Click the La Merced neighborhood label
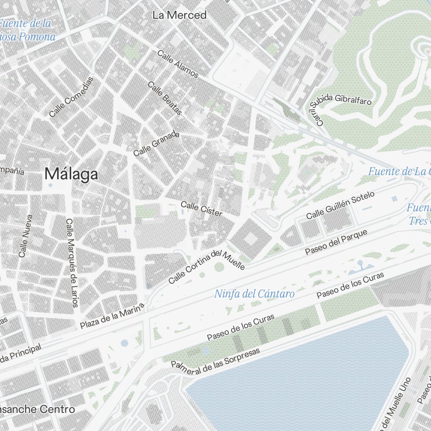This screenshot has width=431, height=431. (180, 15)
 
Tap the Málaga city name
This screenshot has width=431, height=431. (71, 174)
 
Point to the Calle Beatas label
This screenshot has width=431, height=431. (165, 98)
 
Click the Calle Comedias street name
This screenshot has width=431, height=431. (71, 97)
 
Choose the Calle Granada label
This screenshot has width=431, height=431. (156, 144)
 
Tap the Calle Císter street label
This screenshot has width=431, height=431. (201, 209)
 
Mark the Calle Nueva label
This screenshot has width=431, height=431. (26, 236)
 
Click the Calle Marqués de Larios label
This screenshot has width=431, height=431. (72, 263)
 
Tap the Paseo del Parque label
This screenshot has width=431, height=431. (336, 242)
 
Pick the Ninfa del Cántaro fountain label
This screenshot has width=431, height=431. (254, 294)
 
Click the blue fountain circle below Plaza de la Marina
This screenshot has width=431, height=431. (125, 343)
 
